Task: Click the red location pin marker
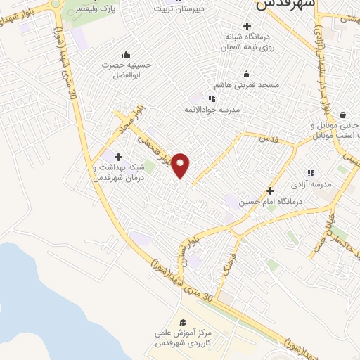[x=181, y=165]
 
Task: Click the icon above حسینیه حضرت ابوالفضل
[x=126, y=54]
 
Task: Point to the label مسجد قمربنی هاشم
[x=250, y=85]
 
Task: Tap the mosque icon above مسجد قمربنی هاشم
[x=246, y=75]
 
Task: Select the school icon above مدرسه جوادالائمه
[x=212, y=98]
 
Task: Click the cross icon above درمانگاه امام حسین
[x=270, y=191]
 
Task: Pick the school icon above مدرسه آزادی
[x=310, y=173]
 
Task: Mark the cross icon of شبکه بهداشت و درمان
[x=118, y=157]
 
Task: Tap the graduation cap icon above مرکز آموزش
[x=184, y=321]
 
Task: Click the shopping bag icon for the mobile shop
[x=342, y=115]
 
